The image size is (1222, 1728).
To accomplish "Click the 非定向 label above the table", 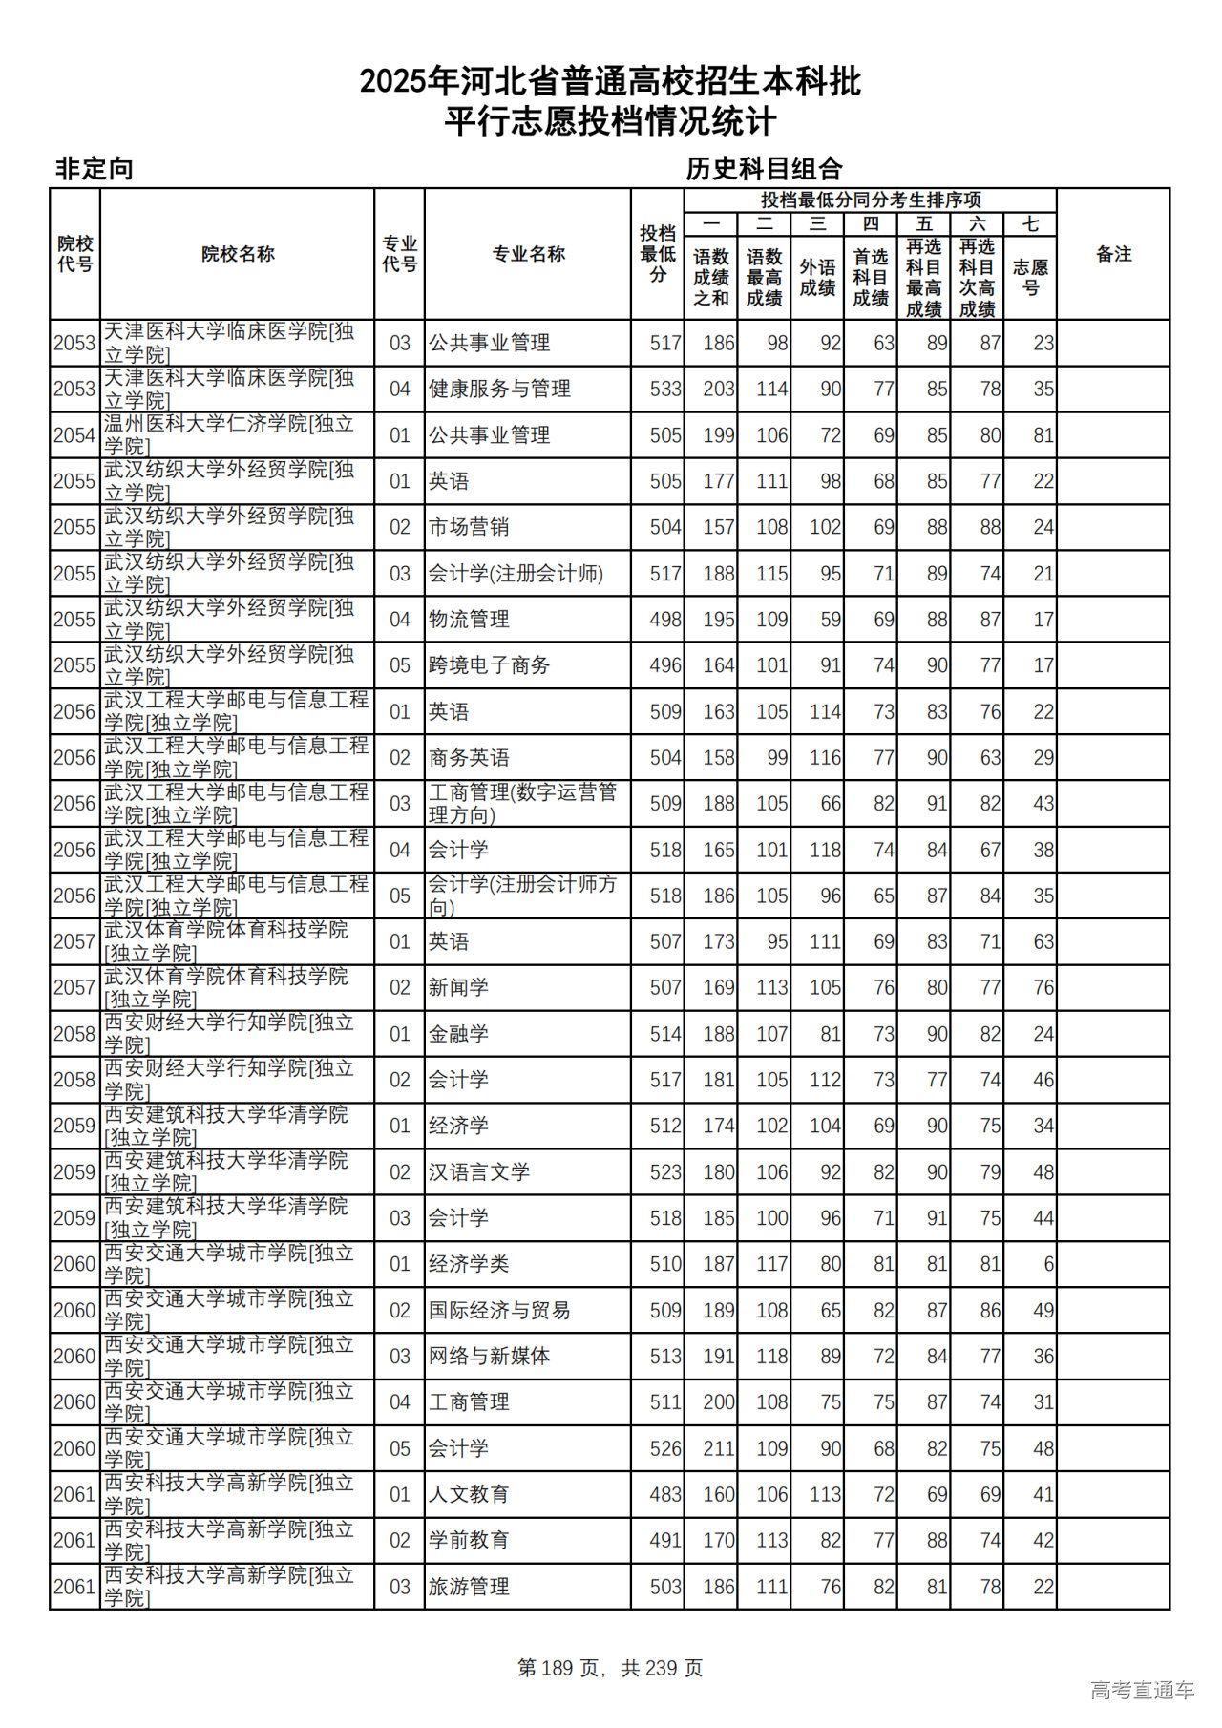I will click(94, 169).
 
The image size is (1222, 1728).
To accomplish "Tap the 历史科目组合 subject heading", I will click(764, 169).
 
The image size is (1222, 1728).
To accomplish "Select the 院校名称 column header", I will click(238, 254).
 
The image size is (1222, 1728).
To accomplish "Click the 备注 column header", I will click(1113, 254).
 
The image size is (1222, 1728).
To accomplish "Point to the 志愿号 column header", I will click(1030, 277).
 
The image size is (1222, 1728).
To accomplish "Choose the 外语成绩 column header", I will click(817, 277).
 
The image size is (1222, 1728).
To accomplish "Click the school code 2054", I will click(74, 435).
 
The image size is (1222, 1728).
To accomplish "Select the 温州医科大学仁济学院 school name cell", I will click(229, 435).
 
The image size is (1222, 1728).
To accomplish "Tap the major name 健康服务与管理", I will click(499, 389).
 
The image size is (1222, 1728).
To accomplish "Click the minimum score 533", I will click(665, 389).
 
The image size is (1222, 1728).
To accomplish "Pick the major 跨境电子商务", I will click(489, 665).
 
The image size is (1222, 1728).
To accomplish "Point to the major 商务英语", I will click(469, 758).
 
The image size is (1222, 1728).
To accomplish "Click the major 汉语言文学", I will click(478, 1172).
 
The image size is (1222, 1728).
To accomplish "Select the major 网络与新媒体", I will click(489, 1357).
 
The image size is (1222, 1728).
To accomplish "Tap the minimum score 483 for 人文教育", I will click(665, 1495).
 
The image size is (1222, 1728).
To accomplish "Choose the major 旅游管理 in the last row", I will click(469, 1587).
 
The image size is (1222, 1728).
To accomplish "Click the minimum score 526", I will click(665, 1448).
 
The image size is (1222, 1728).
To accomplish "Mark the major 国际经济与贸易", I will click(499, 1311).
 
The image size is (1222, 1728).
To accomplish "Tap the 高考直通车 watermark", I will click(1142, 1690).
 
